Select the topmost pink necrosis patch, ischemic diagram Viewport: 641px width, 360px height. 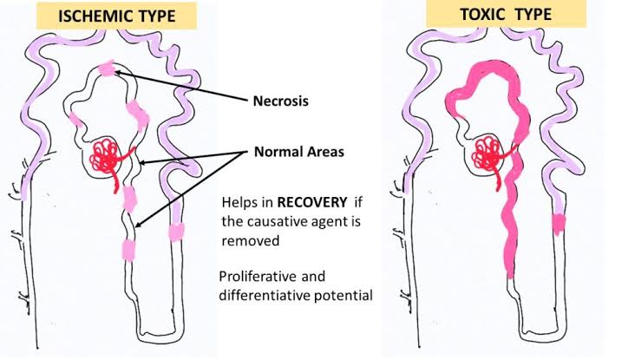coord(107,68)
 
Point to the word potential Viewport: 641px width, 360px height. coord(344,296)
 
